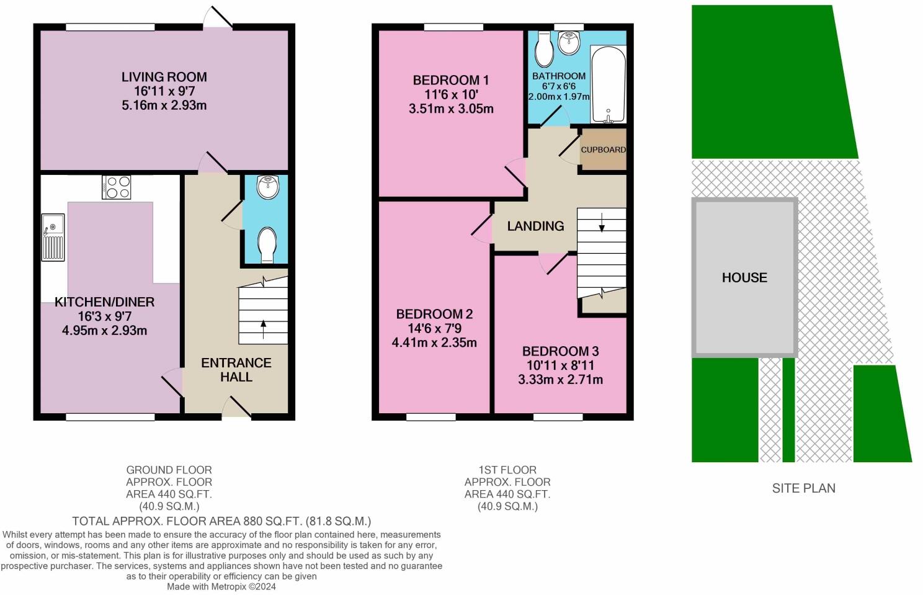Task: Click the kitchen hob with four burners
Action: tap(117, 187)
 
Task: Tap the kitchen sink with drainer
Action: tap(53, 237)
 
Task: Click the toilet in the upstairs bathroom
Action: tap(544, 50)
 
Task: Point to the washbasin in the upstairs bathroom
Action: tap(569, 42)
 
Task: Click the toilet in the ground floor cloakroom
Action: tap(267, 245)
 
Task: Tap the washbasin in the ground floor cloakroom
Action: tap(268, 188)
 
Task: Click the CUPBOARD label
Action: tap(603, 150)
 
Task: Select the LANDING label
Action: tap(535, 226)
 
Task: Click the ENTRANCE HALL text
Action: tap(236, 370)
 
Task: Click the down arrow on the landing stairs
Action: tap(602, 221)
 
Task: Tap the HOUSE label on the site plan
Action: tap(744, 277)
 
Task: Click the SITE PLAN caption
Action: tap(803, 488)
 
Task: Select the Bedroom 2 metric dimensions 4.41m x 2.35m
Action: tap(434, 342)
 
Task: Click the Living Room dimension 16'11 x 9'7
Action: tap(164, 91)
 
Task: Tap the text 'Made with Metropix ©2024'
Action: tap(221, 586)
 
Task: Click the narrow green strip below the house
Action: tap(788, 410)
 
